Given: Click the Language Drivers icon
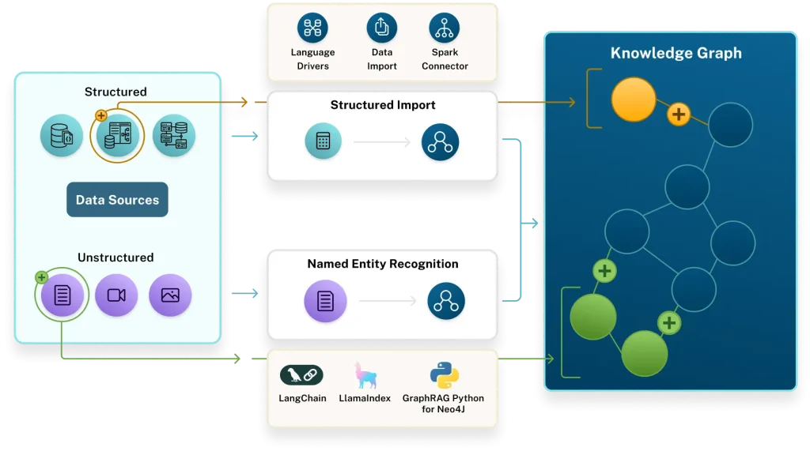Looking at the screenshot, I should coord(312,28).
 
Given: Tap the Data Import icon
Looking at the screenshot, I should coord(382,28).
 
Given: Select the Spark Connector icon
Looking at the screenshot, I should coord(445,28).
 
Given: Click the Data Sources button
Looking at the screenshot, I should coord(117,200).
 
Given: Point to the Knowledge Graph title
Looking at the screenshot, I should coord(676,54).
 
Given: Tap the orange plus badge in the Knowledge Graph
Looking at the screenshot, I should coord(678,115).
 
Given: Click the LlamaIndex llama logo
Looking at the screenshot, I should coord(366,375).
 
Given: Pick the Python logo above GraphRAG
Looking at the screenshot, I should coord(445,375).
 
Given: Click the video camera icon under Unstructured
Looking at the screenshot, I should coord(116,295).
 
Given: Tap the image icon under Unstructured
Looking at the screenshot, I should coord(170,295).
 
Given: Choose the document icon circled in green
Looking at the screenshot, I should coord(62,295).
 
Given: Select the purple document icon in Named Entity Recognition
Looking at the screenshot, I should coord(325,301).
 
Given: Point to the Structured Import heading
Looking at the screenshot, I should coord(383,105).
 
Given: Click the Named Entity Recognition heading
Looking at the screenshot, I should coord(383,264).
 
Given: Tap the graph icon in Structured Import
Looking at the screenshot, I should coord(441,142).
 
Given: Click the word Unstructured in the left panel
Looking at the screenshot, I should coord(115,257).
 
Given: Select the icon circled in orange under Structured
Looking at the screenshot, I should coord(118,134).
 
